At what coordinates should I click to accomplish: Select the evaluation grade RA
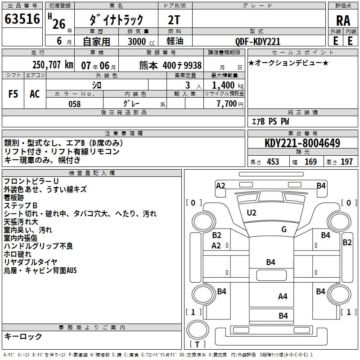(343, 20)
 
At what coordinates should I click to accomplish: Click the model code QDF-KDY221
(258, 41)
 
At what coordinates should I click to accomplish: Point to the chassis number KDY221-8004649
(302, 144)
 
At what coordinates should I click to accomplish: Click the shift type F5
(13, 94)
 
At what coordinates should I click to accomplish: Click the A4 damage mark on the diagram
(283, 296)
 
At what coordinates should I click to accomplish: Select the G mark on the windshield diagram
(284, 229)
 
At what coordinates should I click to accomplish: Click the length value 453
(273, 162)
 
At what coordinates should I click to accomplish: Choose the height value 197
(346, 162)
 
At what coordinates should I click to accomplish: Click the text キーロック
(23, 336)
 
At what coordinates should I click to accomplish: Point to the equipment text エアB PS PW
(270, 121)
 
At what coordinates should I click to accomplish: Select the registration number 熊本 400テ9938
(171, 65)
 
